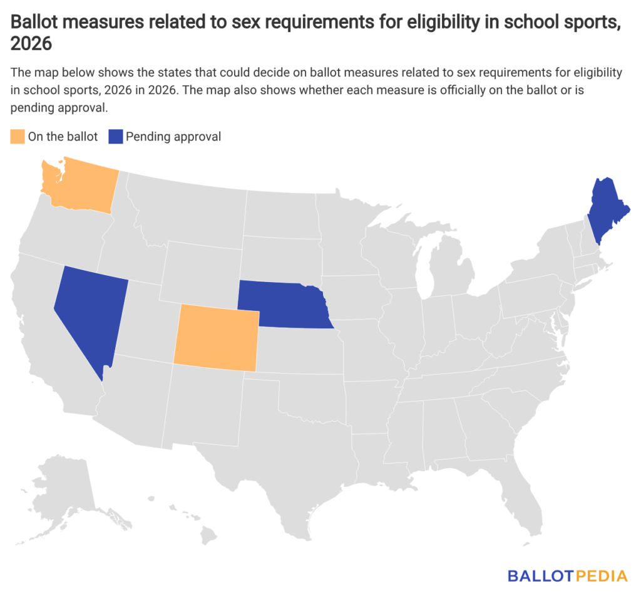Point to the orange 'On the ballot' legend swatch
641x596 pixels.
coord(18,137)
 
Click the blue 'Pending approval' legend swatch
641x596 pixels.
coord(115,137)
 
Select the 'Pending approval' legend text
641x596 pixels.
coord(173,137)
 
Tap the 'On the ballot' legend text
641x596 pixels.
coord(63,137)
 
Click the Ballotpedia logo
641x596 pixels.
coord(567,575)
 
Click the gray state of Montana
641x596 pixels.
coord(188,207)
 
